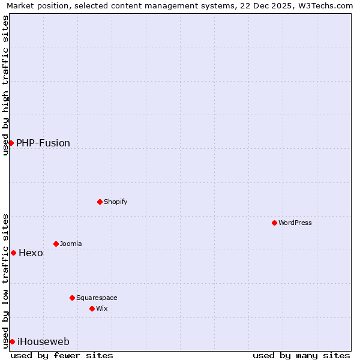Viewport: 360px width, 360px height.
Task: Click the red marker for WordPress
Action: point(274,223)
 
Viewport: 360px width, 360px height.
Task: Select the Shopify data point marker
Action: point(100,202)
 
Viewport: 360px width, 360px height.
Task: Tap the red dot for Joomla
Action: point(56,244)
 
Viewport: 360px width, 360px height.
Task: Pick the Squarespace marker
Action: point(72,298)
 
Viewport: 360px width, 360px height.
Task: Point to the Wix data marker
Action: point(92,308)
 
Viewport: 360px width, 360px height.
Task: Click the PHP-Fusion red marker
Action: point(11,143)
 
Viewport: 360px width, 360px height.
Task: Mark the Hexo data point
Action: point(13,253)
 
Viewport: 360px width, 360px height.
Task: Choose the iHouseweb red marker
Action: point(12,341)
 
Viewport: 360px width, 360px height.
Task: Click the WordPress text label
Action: point(295,223)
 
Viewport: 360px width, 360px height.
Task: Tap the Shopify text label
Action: point(115,202)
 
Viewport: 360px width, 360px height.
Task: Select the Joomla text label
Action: point(70,244)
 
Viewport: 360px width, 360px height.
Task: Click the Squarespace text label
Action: point(97,298)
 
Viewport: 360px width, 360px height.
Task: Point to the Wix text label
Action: point(101,308)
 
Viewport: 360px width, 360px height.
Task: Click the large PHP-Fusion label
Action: point(43,143)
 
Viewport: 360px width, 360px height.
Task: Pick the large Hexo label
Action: point(31,253)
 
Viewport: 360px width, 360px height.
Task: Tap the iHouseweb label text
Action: point(43,341)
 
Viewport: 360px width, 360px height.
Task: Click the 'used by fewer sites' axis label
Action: point(62,355)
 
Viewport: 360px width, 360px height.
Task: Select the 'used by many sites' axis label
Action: point(301,355)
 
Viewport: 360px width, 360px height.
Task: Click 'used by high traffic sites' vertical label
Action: point(5,85)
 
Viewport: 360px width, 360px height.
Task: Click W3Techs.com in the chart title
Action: point(328,5)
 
